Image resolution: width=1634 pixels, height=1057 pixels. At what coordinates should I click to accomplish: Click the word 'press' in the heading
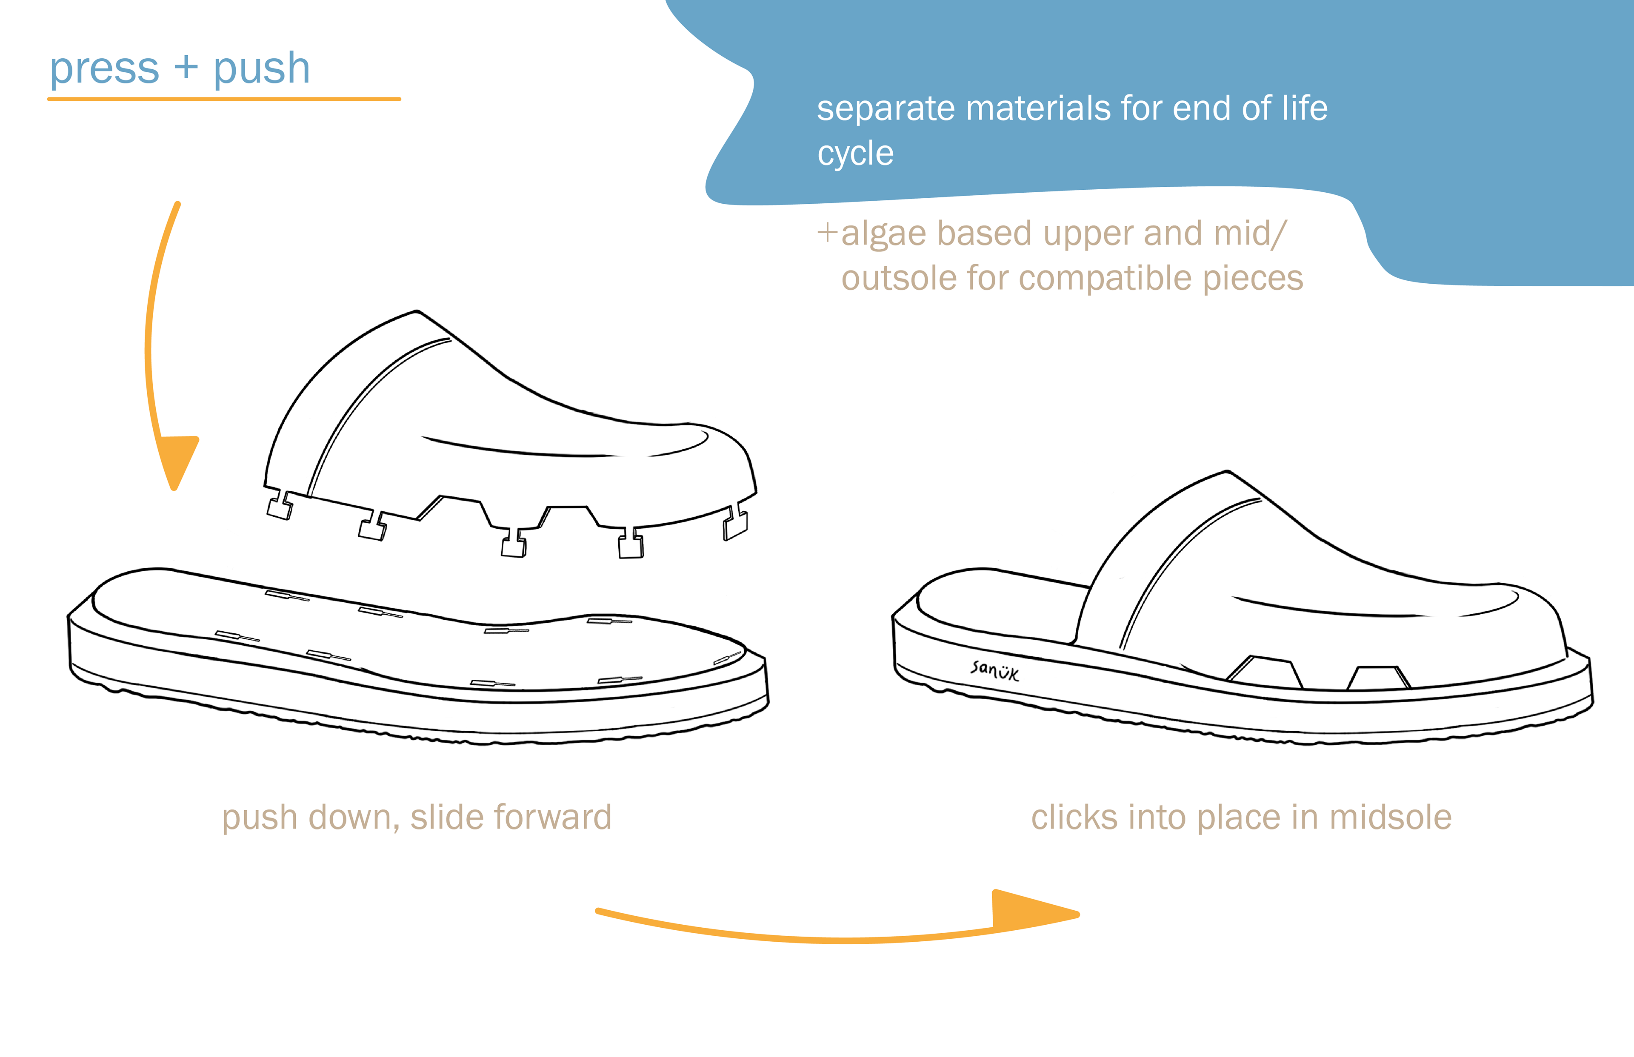point(104,69)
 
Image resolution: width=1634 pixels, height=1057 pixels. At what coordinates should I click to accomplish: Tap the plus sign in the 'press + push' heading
point(186,68)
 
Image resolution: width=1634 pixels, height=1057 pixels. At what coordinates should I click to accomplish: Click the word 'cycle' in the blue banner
point(855,154)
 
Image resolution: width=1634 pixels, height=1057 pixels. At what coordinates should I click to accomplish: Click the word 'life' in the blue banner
point(1308,108)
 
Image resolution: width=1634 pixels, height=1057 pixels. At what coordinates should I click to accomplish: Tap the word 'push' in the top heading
point(262,69)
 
